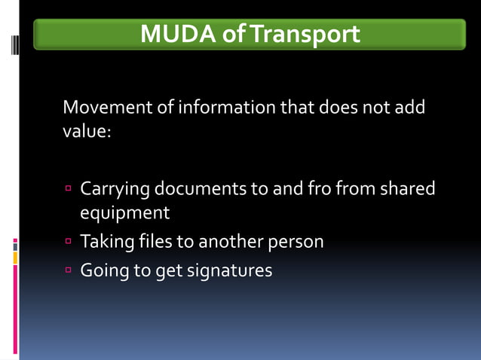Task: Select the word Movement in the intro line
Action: pyautogui.click(x=108, y=107)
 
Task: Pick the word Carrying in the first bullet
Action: pyautogui.click(x=115, y=188)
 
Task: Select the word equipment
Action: pyautogui.click(x=124, y=213)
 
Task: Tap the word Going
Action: pyautogui.click(x=105, y=270)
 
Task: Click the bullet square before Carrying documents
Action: pyautogui.click(x=68, y=187)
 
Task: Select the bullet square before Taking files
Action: pyautogui.click(x=68, y=241)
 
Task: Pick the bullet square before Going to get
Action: pyautogui.click(x=68, y=268)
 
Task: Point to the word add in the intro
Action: pyautogui.click(x=409, y=107)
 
